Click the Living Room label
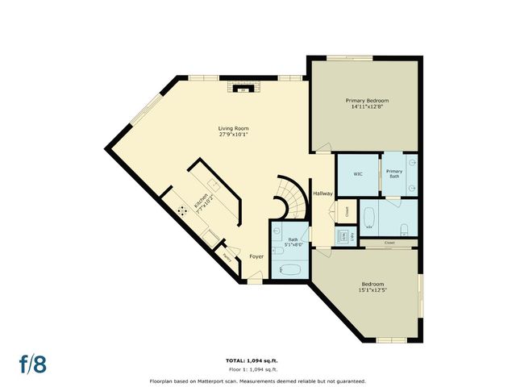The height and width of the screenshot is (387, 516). pos(233,128)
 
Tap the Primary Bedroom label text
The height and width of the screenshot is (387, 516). pos(367,101)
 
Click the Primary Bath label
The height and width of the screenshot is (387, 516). pos(394,173)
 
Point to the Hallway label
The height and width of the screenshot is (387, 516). pos(322,193)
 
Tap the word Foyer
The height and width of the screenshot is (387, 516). pos(256,256)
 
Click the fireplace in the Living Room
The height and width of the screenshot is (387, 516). pos(242,89)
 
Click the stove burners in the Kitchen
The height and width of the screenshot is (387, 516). pos(183,210)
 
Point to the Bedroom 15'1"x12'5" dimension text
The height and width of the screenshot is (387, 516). pos(372,290)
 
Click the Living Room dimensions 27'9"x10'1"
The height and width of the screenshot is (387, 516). pos(233,135)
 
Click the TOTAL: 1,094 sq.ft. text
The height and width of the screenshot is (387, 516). pos(257,360)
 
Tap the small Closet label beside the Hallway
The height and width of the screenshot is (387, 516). pos(347,212)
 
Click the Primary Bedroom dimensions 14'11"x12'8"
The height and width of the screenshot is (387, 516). pos(367,107)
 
